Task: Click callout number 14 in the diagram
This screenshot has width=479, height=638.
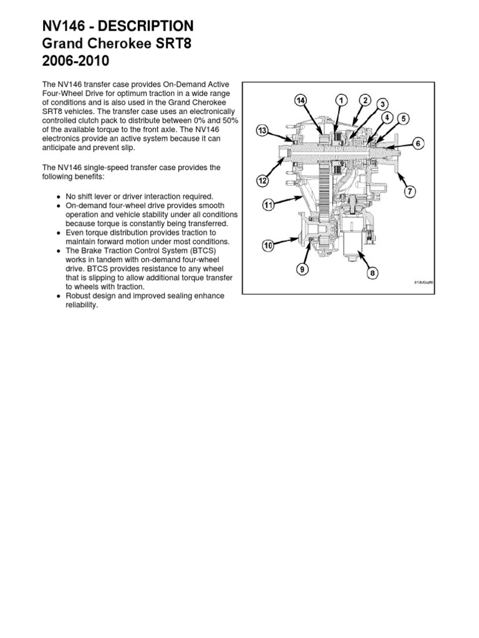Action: point(301,100)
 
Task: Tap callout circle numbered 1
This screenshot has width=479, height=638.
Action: point(341,100)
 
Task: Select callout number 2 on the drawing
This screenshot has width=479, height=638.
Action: point(365,100)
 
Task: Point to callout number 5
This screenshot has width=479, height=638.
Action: point(404,118)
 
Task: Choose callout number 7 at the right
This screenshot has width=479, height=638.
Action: point(410,191)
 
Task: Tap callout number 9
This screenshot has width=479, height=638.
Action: point(302,270)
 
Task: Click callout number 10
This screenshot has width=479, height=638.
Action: point(268,246)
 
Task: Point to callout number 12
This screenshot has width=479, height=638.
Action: point(263,180)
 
